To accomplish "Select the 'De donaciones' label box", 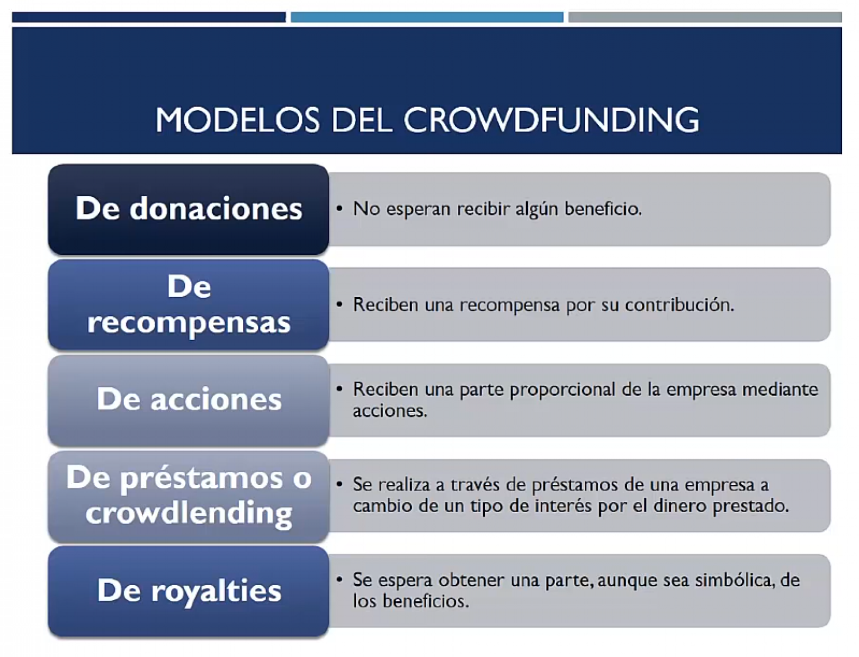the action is coord(188,209).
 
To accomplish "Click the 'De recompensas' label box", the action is coord(188,305).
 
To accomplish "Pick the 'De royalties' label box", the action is coord(188,592).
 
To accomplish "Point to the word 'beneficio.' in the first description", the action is coord(603,208).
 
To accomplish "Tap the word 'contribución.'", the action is coord(680,305).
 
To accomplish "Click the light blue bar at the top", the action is coord(427,17).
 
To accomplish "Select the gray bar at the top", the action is coord(705,17).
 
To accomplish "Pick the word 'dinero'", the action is coord(680,506).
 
